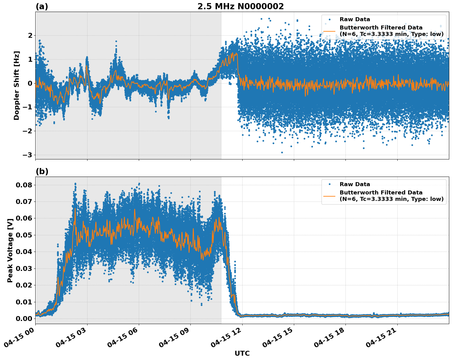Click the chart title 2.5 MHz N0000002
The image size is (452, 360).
240,6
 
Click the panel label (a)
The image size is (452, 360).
42,6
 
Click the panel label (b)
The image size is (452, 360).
42,171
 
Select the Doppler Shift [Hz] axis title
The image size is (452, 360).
17,85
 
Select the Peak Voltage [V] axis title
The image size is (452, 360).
10,250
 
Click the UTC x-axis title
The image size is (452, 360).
242,353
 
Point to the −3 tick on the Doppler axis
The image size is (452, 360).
27,155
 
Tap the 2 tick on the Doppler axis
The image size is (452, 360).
30,36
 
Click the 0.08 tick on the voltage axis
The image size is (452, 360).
24,185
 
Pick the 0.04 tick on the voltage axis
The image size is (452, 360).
24,252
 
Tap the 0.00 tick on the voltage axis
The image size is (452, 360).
24,319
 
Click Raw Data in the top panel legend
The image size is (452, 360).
355,19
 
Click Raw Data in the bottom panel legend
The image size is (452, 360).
355,184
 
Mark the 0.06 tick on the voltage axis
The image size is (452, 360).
24,218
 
